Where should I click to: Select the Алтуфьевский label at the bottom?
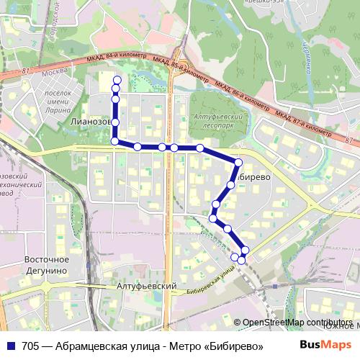tap(147, 286)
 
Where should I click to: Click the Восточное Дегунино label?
tap(46, 264)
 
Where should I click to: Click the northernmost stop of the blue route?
tap(117, 80)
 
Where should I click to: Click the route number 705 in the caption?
tap(31, 345)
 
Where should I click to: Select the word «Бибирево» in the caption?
tap(233, 345)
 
